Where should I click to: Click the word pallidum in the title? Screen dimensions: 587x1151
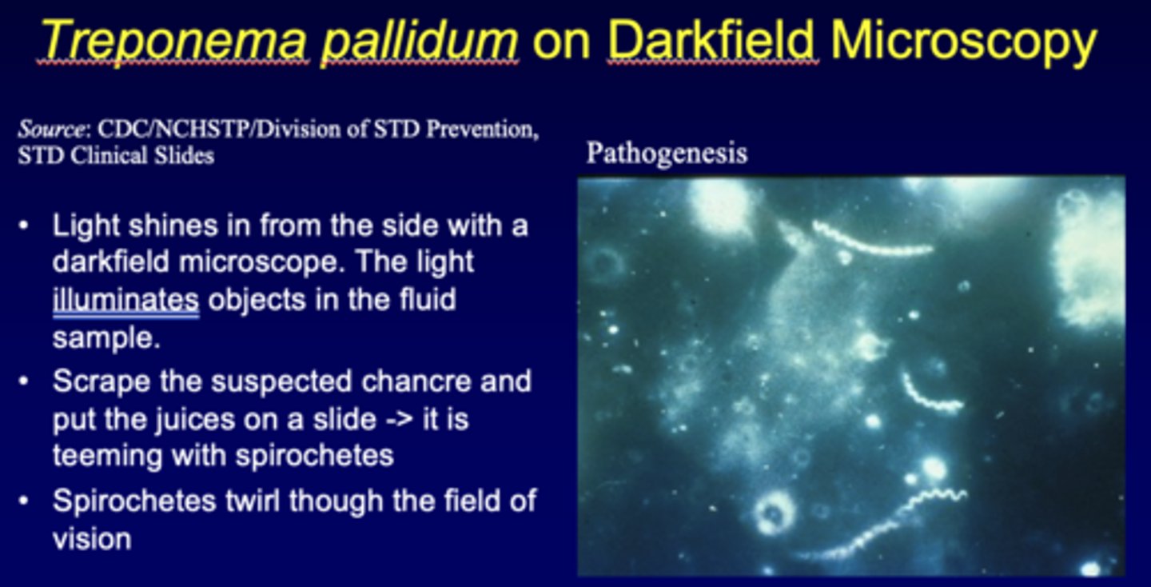(419, 40)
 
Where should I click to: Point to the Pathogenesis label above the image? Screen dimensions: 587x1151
(667, 153)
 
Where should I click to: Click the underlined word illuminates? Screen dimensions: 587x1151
(125, 300)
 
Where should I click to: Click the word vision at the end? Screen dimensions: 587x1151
(92, 538)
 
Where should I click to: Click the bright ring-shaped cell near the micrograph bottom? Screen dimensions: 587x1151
(774, 513)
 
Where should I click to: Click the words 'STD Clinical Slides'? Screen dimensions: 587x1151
(116, 155)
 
